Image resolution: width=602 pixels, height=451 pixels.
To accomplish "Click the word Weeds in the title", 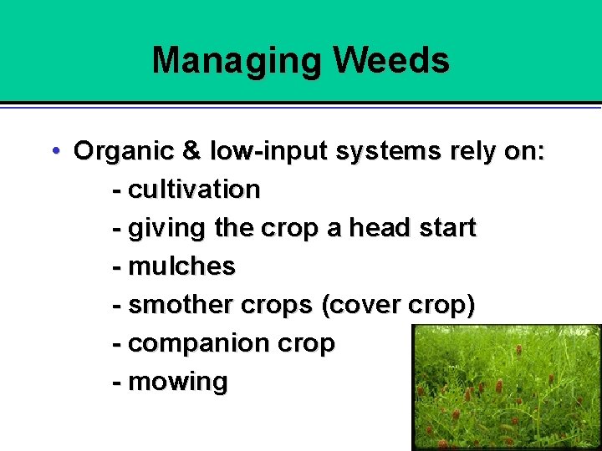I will click(x=391, y=60).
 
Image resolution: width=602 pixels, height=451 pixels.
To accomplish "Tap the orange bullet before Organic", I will click(x=54, y=151).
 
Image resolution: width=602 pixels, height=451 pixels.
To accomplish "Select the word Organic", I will click(x=123, y=151).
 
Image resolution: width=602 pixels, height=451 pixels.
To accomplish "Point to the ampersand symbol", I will click(x=191, y=151).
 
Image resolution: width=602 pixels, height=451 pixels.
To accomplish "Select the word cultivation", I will click(x=194, y=190).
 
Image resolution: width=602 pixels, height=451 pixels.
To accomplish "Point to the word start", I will click(x=446, y=227).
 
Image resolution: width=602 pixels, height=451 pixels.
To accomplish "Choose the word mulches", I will click(x=182, y=266).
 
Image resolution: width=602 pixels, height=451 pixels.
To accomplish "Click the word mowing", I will click(x=178, y=383).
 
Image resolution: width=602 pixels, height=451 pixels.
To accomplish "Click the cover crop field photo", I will click(x=506, y=388).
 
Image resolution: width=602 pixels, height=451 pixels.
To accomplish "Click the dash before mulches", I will click(x=117, y=266).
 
